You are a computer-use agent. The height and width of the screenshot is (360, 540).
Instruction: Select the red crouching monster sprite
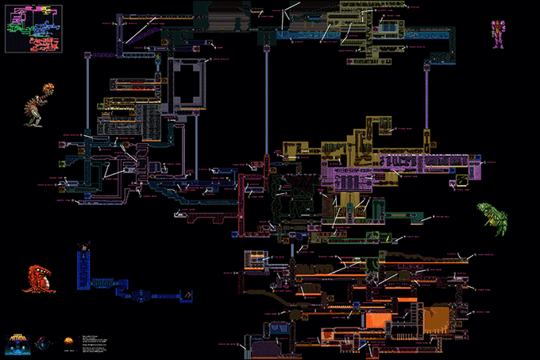coord(39,278)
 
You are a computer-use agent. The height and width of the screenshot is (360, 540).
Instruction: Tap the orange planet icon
coord(69,342)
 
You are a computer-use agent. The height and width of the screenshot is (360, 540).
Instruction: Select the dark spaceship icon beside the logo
coord(46,342)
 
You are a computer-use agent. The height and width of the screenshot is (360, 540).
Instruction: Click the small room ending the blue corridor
coord(187,295)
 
